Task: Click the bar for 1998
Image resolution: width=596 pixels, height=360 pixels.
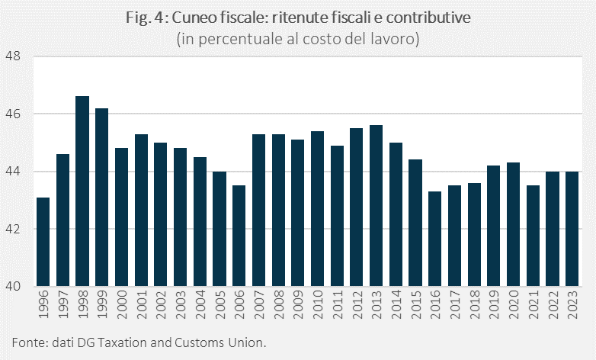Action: (82, 191)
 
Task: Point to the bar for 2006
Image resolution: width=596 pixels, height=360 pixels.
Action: (239, 236)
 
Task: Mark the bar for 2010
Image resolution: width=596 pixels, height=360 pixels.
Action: (318, 209)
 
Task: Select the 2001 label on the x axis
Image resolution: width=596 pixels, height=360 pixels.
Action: (142, 307)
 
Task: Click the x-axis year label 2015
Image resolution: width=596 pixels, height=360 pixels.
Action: (416, 307)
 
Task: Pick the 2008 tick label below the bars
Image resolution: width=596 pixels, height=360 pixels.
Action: (279, 307)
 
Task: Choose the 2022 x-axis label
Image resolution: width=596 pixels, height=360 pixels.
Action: (553, 307)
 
